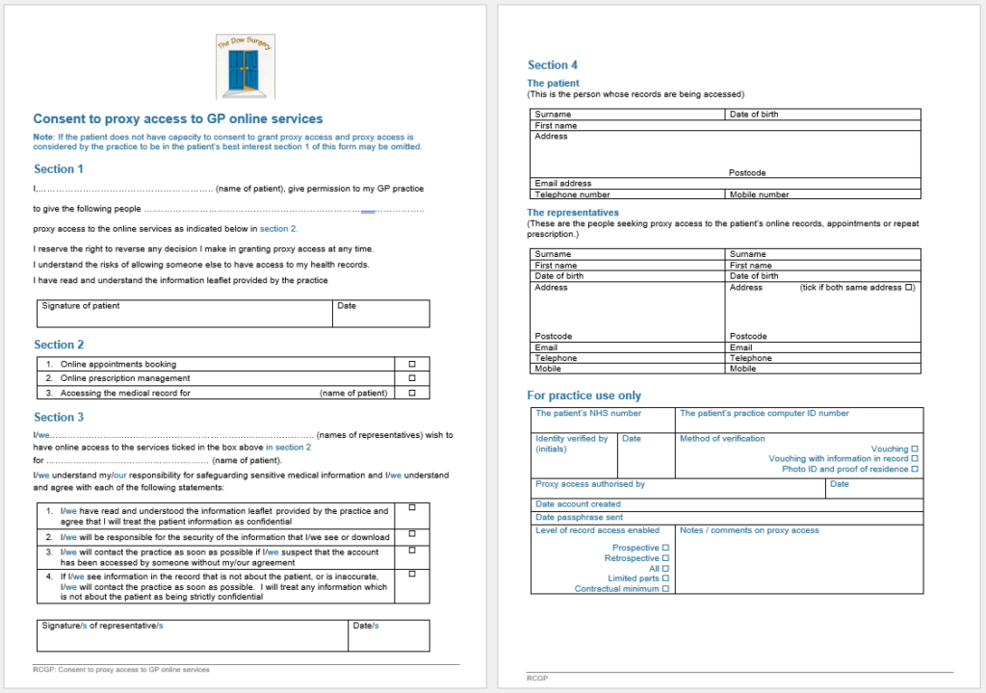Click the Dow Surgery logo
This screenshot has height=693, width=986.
coord(245,66)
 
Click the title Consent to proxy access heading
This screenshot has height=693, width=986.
coord(178,119)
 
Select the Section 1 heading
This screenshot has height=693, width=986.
coord(59,169)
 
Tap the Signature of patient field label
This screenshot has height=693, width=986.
coord(81,306)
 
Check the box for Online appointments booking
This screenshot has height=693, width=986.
coord(412,365)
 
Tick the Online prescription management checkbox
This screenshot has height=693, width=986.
coord(412,378)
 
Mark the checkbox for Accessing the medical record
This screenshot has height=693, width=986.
coord(412,393)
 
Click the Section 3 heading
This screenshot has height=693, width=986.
coord(59,418)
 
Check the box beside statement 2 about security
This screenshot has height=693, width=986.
coord(412,534)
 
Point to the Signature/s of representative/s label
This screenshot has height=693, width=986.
coord(102,626)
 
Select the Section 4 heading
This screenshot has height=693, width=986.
coord(553,65)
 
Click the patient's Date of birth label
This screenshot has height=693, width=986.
coord(754,115)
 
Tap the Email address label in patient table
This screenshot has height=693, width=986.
coord(563,183)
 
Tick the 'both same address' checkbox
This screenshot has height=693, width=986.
coord(909,288)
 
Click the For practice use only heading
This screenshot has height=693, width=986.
coord(584,396)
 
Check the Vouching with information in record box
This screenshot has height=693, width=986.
coord(915,459)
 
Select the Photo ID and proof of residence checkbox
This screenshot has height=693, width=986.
coord(915,470)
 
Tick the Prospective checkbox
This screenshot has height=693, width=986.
coord(665,548)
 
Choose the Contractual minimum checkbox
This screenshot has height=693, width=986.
coord(665,589)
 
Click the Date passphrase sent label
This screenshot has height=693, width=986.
coord(579,518)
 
